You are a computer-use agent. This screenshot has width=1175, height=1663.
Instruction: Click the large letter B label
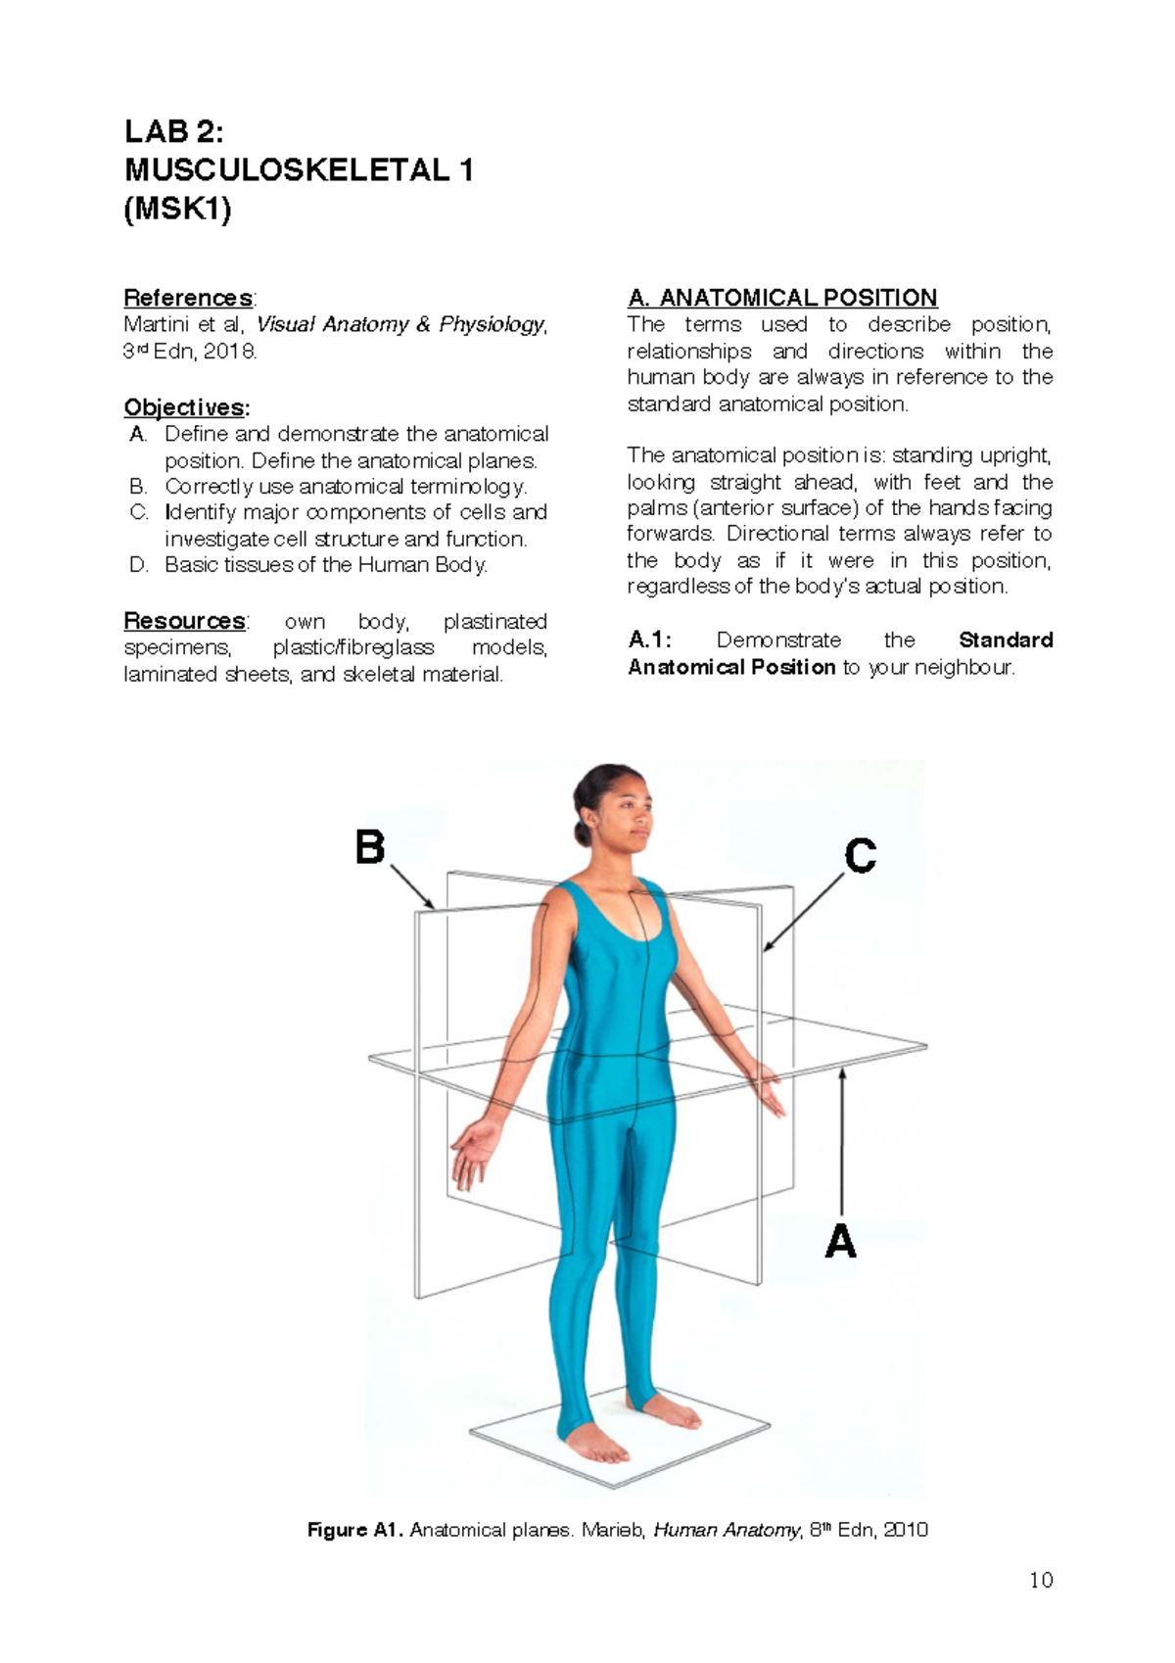tap(370, 847)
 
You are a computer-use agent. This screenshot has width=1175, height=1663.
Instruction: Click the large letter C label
tap(860, 856)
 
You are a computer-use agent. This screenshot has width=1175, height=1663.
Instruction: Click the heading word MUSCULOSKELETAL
tap(286, 170)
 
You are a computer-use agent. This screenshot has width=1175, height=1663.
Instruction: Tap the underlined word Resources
tap(184, 621)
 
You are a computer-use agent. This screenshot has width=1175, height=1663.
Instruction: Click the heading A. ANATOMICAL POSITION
tap(782, 298)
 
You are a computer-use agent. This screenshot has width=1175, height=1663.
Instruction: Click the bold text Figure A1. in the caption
tap(354, 1530)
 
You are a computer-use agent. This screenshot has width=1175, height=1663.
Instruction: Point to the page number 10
tap(1041, 1580)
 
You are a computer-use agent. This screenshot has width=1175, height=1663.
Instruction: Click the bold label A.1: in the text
tap(649, 641)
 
